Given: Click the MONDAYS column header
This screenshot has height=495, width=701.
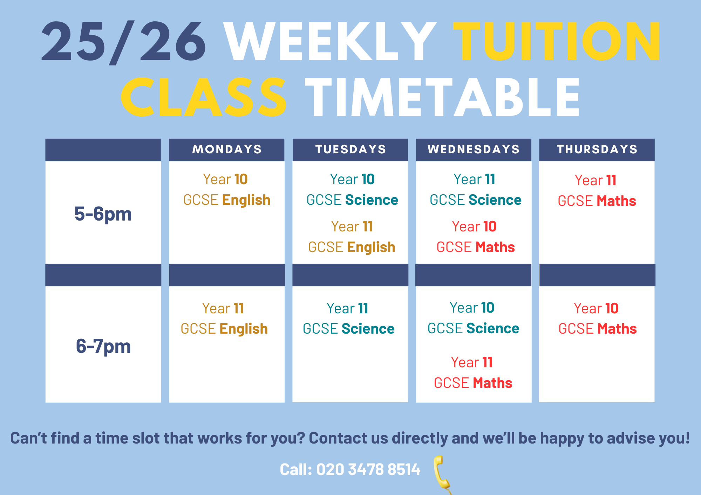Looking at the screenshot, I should pos(227,149).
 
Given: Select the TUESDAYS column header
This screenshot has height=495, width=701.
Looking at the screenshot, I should pos(350,149).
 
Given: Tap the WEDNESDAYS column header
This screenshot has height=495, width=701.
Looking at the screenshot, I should pos(474,149).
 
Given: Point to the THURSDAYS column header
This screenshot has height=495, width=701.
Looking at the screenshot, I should pos(597,149).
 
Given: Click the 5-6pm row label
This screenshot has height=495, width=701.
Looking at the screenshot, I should pos(103,214).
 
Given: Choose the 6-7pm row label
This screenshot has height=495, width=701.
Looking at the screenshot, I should pos(103,346).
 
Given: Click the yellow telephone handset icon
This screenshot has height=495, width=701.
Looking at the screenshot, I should pos(442,473).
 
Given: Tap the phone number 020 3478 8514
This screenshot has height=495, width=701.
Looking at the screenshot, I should pos(368,469).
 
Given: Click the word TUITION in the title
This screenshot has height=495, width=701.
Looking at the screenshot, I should pos(556,41).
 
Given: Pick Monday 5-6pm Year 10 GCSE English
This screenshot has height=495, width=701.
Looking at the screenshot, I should pos(226,190).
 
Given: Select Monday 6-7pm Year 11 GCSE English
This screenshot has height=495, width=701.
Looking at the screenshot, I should pos(224,319).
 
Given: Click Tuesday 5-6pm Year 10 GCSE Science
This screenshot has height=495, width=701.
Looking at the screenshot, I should pos(352,190).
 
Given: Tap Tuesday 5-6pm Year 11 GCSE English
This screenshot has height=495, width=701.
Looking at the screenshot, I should pos(352,237).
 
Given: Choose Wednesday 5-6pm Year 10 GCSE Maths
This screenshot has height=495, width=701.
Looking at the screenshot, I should pos(475,237).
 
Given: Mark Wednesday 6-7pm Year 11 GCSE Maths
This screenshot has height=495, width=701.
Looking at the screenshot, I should pos(473,373).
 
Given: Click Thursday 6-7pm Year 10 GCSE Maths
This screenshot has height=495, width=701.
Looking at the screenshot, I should pos(597,319).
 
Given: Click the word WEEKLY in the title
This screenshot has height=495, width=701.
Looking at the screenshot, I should pos(329,41).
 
